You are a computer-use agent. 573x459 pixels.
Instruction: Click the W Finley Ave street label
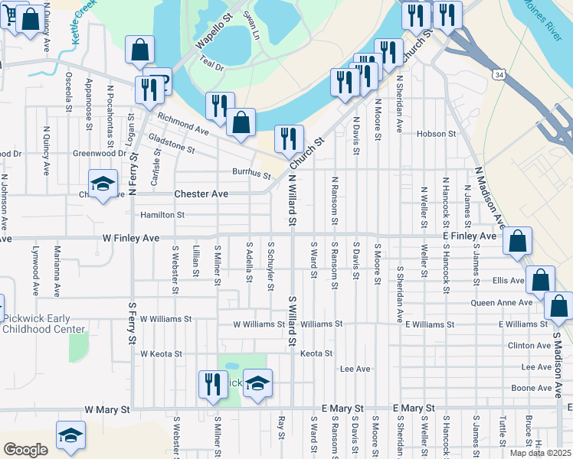pos(131,239)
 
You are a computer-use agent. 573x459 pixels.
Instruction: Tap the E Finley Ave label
pos(468,239)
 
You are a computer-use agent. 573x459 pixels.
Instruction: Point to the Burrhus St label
pos(252,172)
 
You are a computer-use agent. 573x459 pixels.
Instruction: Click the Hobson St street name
pos(437,134)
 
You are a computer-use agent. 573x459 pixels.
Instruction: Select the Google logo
pos(25,449)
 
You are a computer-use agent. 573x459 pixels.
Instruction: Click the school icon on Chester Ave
pos(103,184)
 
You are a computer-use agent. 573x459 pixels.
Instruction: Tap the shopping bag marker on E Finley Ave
pos(518,240)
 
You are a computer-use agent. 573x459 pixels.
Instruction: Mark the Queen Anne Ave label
pos(503,302)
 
